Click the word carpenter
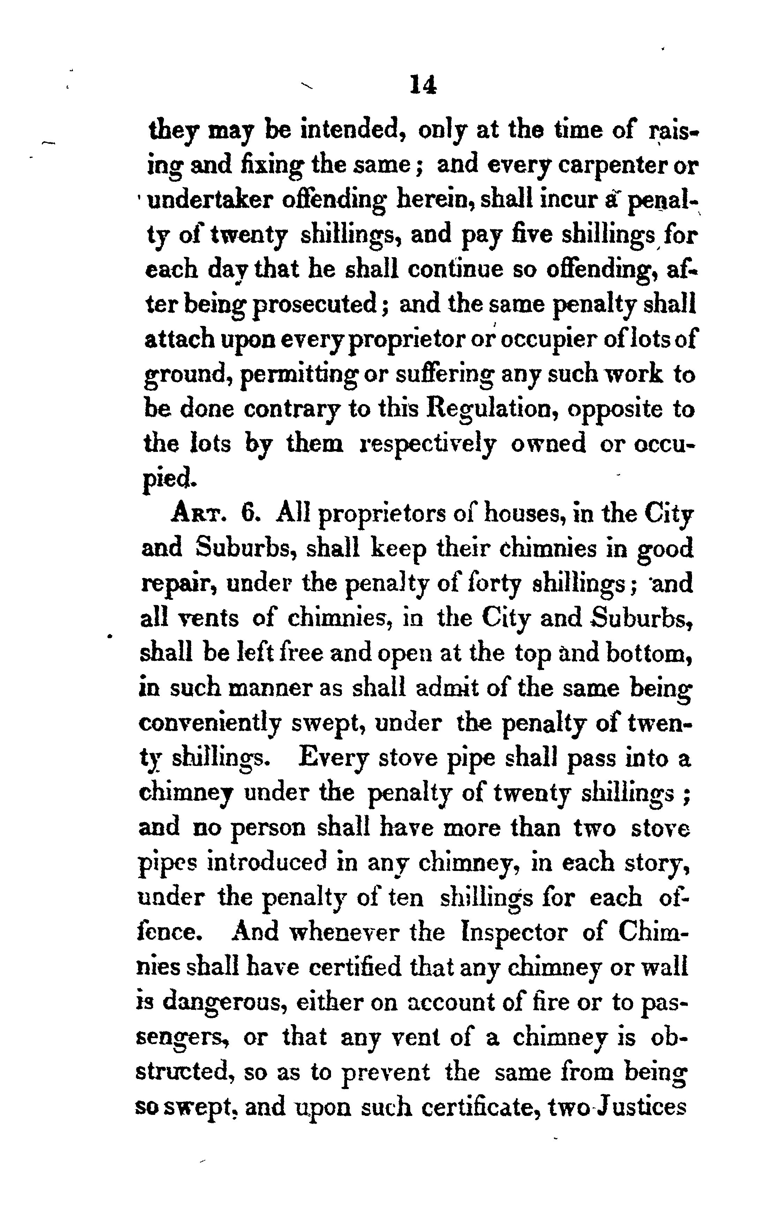pos(594,166)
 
